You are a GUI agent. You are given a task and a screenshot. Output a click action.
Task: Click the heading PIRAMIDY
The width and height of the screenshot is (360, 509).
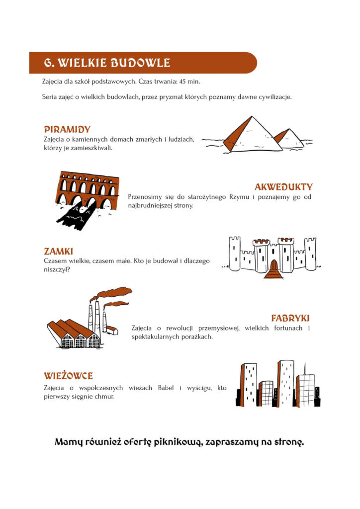coord(67,130)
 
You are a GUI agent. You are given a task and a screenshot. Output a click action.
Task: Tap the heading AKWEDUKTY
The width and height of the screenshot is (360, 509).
coord(283,187)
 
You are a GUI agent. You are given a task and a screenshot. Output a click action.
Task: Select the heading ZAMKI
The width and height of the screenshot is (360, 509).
coord(59,251)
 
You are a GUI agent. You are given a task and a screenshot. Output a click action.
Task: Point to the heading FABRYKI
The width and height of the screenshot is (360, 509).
coord(290,318)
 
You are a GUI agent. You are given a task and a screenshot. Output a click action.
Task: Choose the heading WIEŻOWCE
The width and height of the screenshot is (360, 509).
coord(69,376)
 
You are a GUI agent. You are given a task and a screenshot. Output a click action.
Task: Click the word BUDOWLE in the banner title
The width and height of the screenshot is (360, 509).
coord(140,63)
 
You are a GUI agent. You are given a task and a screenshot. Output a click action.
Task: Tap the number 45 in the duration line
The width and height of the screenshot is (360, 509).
coord(182,81)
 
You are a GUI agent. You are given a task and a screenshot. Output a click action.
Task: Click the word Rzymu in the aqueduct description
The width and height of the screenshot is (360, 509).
coord(239,197)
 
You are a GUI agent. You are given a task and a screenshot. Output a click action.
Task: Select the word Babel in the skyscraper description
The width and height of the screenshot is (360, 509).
coord(166,388)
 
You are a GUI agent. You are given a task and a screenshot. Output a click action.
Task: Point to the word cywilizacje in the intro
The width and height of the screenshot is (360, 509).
coord(275,97)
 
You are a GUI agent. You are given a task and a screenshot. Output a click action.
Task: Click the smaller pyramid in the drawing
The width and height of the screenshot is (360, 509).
coord(289,139)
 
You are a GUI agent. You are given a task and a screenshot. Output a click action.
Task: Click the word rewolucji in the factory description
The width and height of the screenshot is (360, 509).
coord(180,328)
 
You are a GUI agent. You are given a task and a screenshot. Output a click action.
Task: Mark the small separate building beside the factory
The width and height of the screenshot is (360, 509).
coord(112,330)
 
